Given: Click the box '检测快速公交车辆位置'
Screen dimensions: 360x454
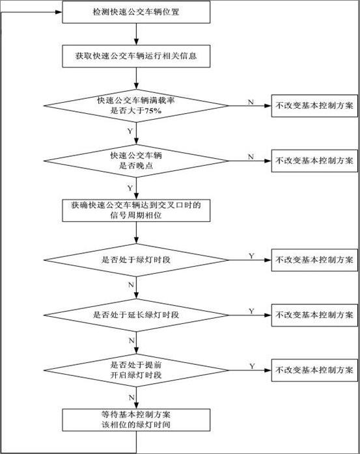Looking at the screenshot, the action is click(x=136, y=12).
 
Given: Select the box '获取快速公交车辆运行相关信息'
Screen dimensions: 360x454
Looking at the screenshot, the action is click(x=136, y=56).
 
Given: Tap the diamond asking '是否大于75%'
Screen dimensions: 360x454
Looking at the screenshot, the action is click(x=136, y=105).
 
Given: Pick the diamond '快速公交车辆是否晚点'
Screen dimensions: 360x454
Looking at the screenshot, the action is click(x=136, y=161).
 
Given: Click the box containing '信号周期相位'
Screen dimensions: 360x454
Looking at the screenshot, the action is click(x=136, y=211).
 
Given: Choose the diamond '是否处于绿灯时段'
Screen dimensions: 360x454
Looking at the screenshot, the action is click(x=136, y=260).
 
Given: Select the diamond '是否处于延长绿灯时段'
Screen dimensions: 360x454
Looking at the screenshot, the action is click(x=136, y=315).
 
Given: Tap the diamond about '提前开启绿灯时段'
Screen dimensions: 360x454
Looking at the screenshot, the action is click(x=136, y=370).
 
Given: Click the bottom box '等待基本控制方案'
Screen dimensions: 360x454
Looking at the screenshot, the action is click(x=136, y=420).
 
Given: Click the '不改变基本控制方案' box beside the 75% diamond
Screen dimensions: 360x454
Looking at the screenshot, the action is click(x=314, y=105).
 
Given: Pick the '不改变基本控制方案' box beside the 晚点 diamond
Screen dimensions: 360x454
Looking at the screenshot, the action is click(x=314, y=161).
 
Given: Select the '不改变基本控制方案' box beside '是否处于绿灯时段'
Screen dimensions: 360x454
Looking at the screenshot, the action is click(x=314, y=260).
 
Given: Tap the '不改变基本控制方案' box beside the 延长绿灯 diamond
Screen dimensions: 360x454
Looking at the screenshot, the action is click(x=314, y=315).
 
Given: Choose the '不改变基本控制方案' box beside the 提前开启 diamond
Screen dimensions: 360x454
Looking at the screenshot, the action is click(x=314, y=370).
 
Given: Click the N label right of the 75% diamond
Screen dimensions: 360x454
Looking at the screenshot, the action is click(x=251, y=102).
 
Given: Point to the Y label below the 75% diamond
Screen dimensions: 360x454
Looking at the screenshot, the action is click(x=130, y=131).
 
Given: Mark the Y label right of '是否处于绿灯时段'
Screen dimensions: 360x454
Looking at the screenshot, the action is click(x=251, y=256).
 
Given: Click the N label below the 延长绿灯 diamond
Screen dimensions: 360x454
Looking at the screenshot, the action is click(x=132, y=340).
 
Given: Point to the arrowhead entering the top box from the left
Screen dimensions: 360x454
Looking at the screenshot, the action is click(x=59, y=12).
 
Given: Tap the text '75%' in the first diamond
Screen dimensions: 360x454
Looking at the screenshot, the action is click(x=153, y=111).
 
